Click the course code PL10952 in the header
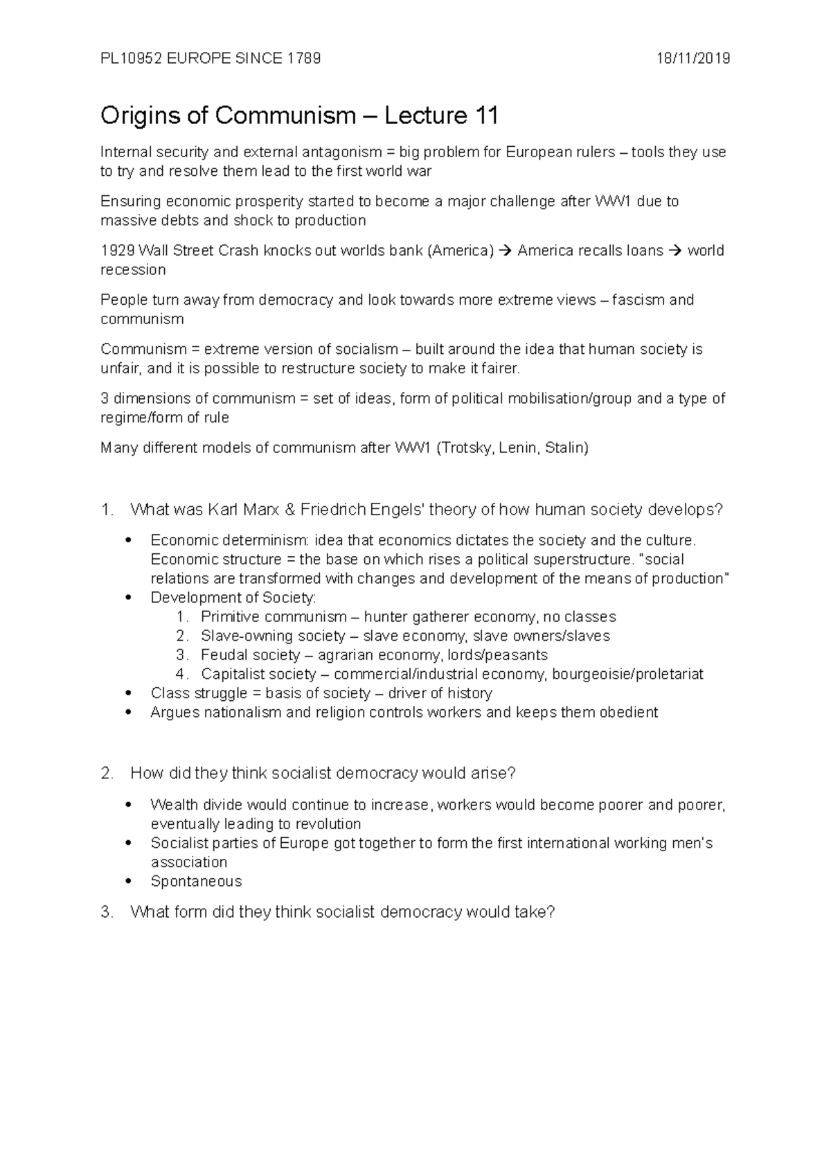pyautogui.click(x=131, y=59)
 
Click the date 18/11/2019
pyautogui.click(x=693, y=59)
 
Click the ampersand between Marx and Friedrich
pyautogui.click(x=289, y=510)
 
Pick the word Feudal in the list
pyautogui.click(x=224, y=655)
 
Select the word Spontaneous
pyautogui.click(x=196, y=882)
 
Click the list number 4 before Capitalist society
pyautogui.click(x=181, y=675)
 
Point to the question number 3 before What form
pyautogui.click(x=106, y=912)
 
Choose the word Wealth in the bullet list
pyautogui.click(x=174, y=805)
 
